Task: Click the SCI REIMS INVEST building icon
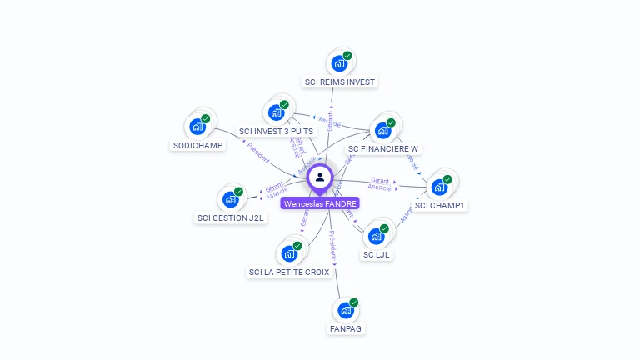pos(339,63)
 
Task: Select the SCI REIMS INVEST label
pos(340,82)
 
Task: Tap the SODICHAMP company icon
pos(197,127)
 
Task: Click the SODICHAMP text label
pos(197,145)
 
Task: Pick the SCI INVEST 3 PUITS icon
pos(276,112)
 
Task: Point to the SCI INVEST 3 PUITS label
pos(276,131)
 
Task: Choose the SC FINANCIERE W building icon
pos(382,130)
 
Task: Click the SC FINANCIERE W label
pos(383,149)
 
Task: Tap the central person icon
pos(320,177)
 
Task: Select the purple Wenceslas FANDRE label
pos(320,203)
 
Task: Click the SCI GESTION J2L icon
pos(230,199)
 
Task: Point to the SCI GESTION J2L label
pos(231,218)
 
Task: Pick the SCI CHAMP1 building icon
pos(439,187)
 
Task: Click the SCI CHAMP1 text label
pos(439,205)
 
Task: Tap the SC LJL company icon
pos(377,236)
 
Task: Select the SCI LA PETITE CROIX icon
pos(289,252)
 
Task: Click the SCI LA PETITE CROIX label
pos(289,272)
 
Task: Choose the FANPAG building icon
pos(346,310)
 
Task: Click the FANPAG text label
pos(346,328)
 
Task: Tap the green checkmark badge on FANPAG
pos(354,302)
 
